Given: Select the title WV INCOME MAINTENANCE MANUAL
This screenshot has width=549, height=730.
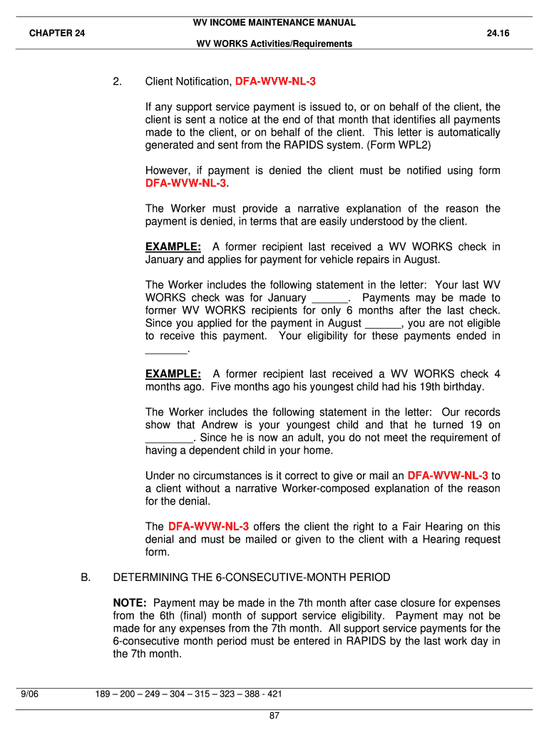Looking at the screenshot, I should [x=274, y=23].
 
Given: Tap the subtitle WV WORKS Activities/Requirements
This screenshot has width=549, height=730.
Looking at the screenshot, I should [x=274, y=44].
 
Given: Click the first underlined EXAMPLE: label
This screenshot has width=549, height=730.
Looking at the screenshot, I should [x=173, y=247].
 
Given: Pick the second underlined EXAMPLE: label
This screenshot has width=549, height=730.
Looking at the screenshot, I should [x=173, y=374].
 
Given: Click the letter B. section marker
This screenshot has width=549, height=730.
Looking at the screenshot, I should [x=86, y=577].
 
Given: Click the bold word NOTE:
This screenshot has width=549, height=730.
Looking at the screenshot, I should [x=130, y=602].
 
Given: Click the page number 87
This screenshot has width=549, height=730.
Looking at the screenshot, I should [x=274, y=716].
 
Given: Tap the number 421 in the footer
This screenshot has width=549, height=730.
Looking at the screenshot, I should [x=274, y=694].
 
